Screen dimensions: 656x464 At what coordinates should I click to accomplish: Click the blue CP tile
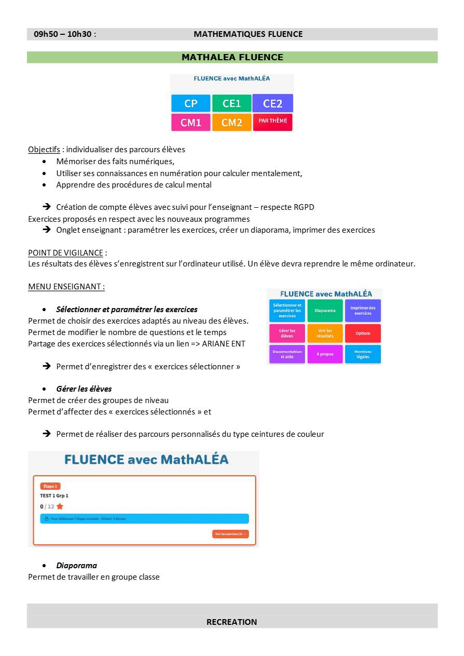click(191, 103)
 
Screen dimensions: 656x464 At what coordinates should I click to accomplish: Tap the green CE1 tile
click(231, 103)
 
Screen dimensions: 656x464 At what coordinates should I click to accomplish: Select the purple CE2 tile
click(272, 103)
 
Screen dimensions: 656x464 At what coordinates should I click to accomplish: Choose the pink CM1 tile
click(191, 123)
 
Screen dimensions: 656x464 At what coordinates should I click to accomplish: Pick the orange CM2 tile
click(231, 123)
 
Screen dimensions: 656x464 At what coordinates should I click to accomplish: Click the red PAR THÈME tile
click(272, 122)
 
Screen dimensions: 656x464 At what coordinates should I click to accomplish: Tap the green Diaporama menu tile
click(325, 311)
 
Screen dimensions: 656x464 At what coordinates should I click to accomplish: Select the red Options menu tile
click(363, 333)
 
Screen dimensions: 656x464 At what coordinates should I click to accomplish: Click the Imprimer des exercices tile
click(363, 311)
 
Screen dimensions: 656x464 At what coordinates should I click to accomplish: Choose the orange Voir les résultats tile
click(325, 333)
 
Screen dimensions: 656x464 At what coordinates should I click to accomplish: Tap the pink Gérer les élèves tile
click(287, 333)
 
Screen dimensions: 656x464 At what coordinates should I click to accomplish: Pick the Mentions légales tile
click(363, 354)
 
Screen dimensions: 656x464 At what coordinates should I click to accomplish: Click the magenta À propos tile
click(325, 354)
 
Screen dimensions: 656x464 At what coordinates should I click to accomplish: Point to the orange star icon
click(60, 506)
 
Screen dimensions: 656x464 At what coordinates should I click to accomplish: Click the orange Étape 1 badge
click(50, 486)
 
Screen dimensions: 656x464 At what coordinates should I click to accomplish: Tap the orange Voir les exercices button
click(230, 534)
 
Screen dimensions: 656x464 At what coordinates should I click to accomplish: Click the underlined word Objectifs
click(44, 150)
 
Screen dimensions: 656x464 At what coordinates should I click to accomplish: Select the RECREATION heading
click(232, 622)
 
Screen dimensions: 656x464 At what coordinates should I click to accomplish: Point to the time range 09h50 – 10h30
click(63, 34)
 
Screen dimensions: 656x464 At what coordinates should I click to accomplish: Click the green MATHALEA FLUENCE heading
click(232, 57)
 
